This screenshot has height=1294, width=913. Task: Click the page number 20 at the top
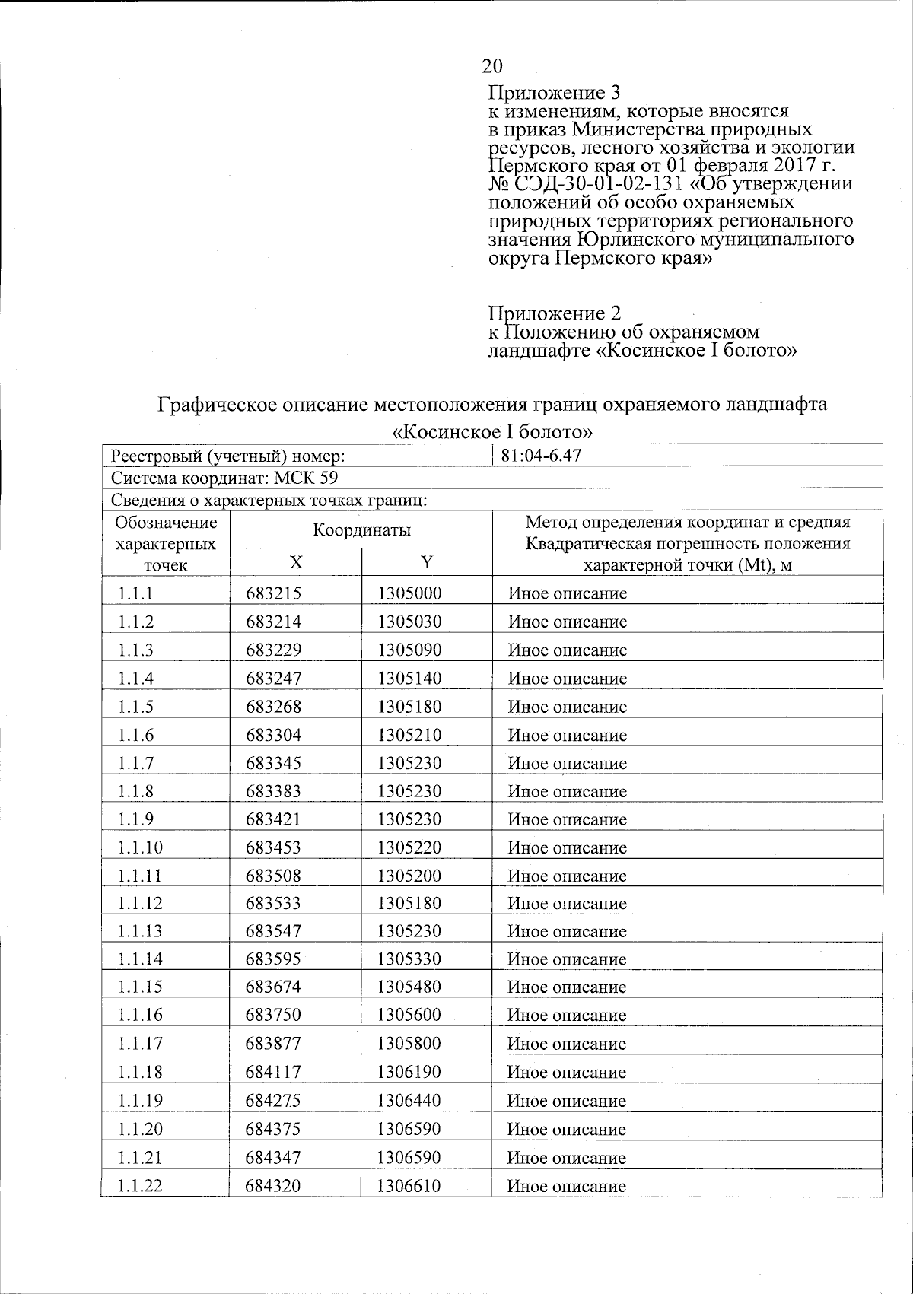(x=492, y=65)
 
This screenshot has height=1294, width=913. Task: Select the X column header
(x=295, y=562)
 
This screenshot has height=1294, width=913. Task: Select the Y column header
(x=427, y=562)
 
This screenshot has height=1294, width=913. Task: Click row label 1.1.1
(x=135, y=593)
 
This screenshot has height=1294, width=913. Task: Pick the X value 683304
(x=273, y=735)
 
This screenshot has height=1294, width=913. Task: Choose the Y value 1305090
(x=409, y=650)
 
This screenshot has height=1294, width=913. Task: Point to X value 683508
(x=273, y=876)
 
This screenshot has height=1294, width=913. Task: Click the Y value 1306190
(x=409, y=1072)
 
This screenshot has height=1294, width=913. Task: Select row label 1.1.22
(x=140, y=1186)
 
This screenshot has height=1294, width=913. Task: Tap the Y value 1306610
(x=409, y=1186)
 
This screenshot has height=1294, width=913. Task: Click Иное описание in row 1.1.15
(x=567, y=987)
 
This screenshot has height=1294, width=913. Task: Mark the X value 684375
(x=273, y=1129)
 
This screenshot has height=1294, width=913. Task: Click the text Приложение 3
(x=554, y=94)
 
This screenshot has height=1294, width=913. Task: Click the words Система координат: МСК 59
(x=224, y=478)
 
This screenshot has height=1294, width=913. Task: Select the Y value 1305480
(x=409, y=987)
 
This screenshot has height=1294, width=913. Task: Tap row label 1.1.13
(x=140, y=932)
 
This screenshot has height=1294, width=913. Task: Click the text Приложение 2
(x=554, y=313)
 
